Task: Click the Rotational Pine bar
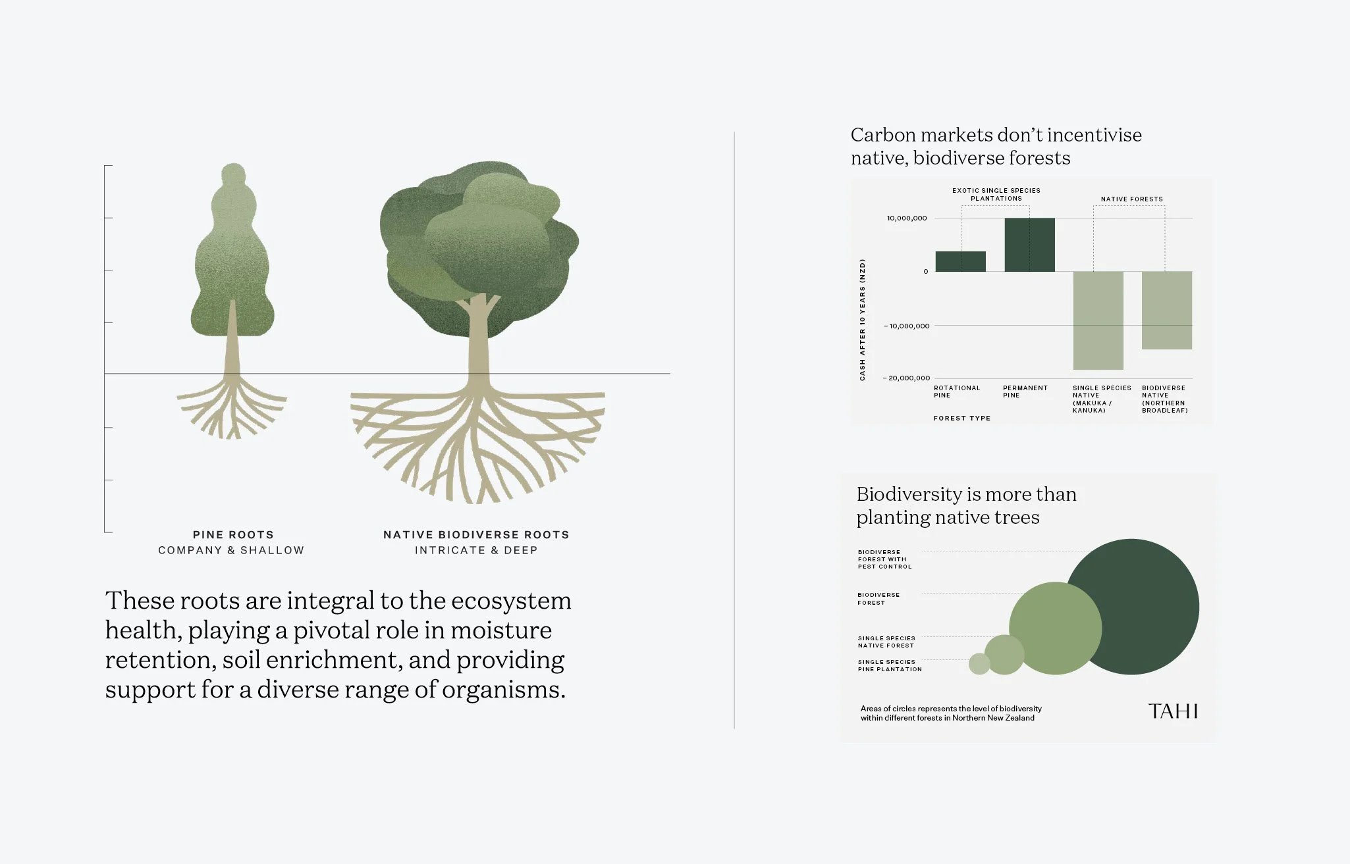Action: pyautogui.click(x=960, y=261)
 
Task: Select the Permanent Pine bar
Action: pyautogui.click(x=1029, y=245)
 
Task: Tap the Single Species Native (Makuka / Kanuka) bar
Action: pyautogui.click(x=1098, y=320)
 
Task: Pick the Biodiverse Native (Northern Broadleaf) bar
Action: pyautogui.click(x=1166, y=310)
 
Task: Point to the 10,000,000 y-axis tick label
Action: pyautogui.click(x=906, y=218)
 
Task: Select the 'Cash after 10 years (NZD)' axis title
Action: pyautogui.click(x=863, y=319)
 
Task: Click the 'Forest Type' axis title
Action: pyautogui.click(x=961, y=419)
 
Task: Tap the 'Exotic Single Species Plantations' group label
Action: pyautogui.click(x=996, y=194)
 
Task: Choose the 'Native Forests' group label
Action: pyautogui.click(x=1131, y=199)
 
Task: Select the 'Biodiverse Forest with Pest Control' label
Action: pyautogui.click(x=884, y=559)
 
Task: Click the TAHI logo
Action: pyautogui.click(x=1172, y=711)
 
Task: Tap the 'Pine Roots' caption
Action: pyautogui.click(x=232, y=535)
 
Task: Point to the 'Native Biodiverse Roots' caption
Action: pyautogui.click(x=475, y=535)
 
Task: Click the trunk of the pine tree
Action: pyautogui.click(x=232, y=342)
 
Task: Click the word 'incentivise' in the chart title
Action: pyautogui.click(x=1094, y=135)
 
